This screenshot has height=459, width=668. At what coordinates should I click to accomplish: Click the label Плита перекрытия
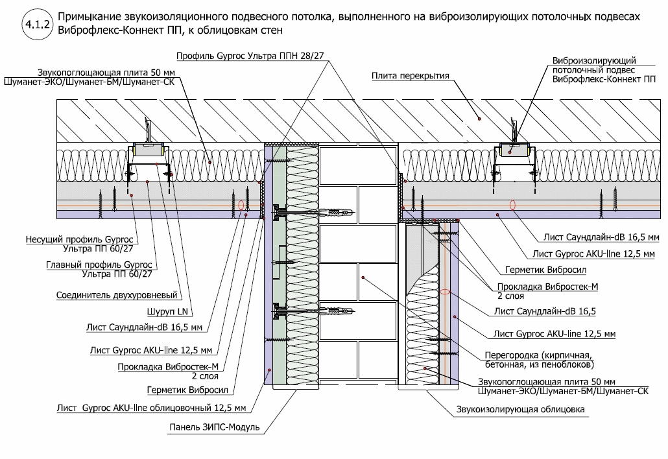pos(411,76)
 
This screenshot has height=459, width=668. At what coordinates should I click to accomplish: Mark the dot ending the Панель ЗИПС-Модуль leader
pos(268,369)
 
